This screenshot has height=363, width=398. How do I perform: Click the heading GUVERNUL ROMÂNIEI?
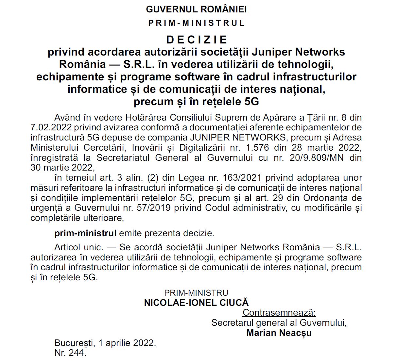(x=196, y=9)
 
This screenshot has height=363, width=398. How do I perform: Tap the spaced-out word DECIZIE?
(x=197, y=40)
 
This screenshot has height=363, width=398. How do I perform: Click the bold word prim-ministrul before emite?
(x=85, y=233)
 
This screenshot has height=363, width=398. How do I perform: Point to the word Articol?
(x=68, y=247)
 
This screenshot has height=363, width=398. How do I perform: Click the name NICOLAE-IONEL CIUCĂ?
(x=196, y=303)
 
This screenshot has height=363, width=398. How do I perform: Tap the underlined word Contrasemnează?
(x=279, y=313)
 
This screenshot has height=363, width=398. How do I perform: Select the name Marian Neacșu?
(x=279, y=333)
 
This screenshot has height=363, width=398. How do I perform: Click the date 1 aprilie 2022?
(x=127, y=343)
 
